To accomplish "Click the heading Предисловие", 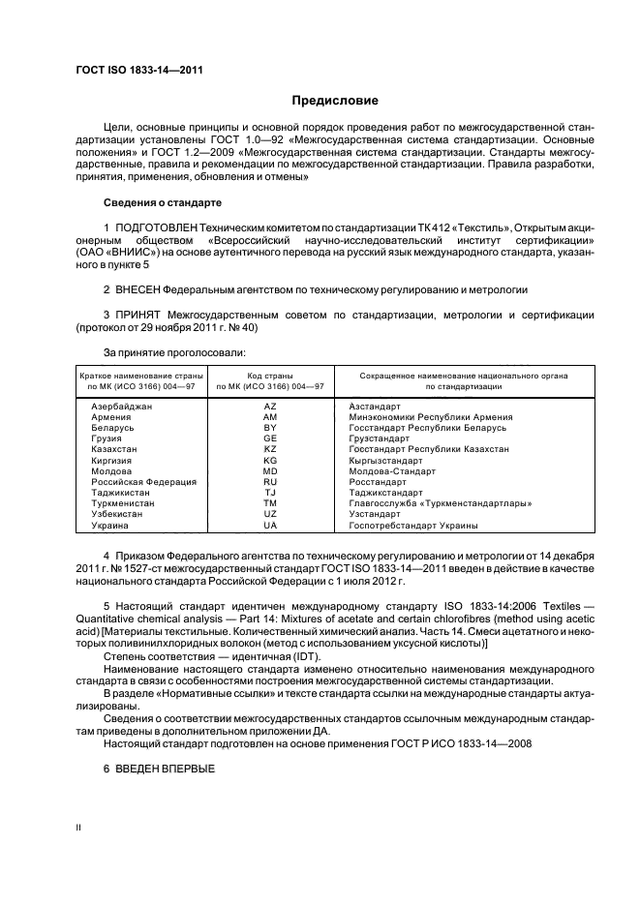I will pos(335,101).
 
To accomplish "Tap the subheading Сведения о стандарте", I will pos(162,203).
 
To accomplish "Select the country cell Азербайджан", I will pos(121,407).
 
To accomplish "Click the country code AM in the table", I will pos(270,417).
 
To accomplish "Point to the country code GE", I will pos(270,438).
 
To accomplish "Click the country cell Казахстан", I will pos(113,449).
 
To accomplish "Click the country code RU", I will pos(270,482).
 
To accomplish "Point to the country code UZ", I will pos(270,514).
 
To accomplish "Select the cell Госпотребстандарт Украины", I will pos(413,525).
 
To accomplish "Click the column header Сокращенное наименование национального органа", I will pos(463,375).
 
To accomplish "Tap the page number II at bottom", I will pos(79,828).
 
